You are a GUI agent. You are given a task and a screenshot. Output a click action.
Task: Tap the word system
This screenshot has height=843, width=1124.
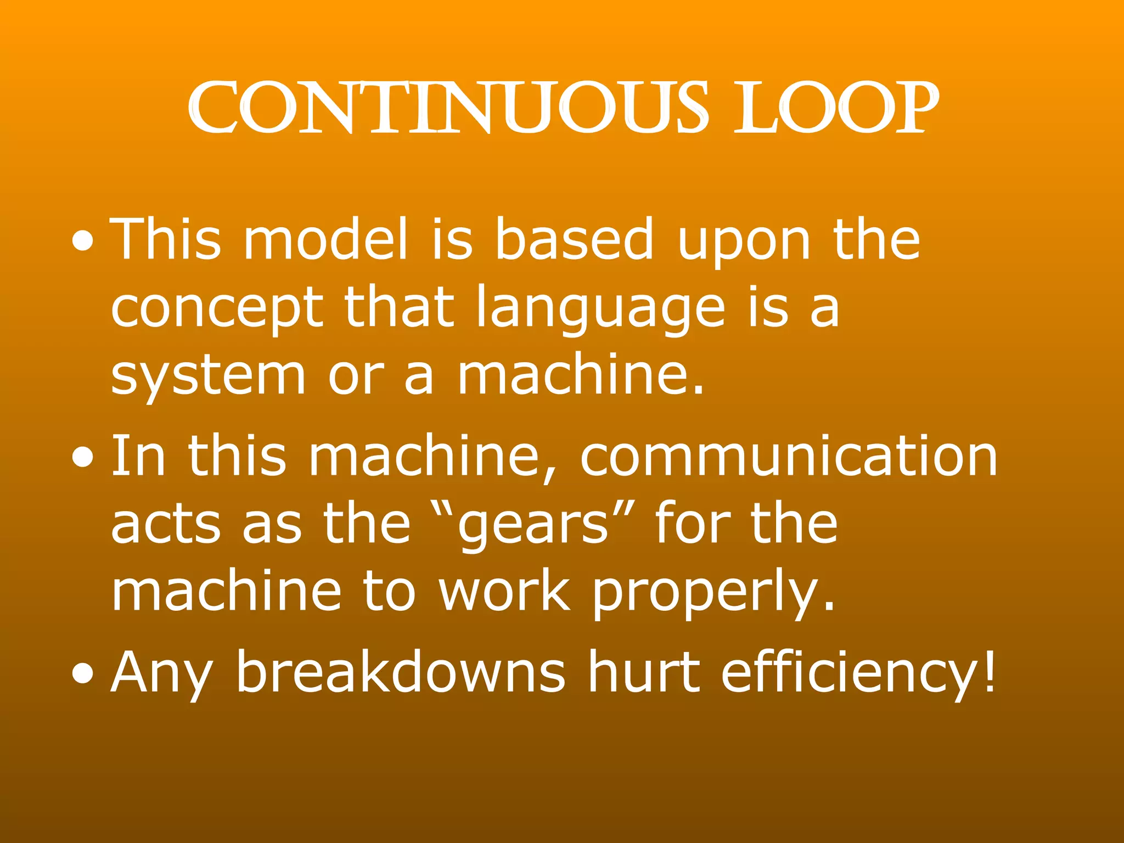pos(208,378)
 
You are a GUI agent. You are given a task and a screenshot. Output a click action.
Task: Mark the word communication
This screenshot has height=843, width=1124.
pos(789,456)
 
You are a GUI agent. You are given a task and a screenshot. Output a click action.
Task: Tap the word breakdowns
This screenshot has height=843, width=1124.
pos(400,671)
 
